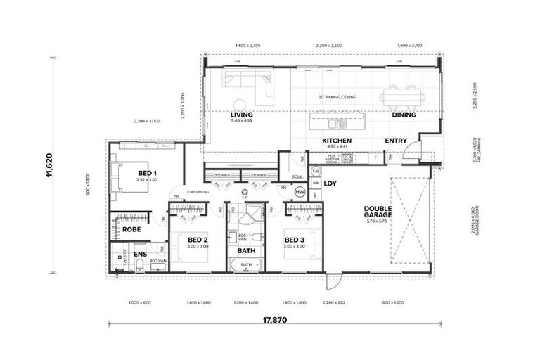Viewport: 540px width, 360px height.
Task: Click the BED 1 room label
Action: coord(147,173)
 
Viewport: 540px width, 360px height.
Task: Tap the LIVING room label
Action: coord(241,115)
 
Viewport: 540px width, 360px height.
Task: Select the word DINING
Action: coord(404,115)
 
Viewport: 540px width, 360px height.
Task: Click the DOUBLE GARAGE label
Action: coord(382,212)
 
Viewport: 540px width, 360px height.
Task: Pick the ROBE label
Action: coord(131,229)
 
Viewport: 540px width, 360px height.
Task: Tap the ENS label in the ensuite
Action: coord(140,254)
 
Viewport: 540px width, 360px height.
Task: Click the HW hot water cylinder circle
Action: coord(300,192)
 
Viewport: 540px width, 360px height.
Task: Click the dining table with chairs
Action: coord(402,96)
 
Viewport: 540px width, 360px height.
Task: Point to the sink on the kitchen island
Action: coord(337,124)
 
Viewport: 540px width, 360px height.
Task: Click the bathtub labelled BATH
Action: coord(245,266)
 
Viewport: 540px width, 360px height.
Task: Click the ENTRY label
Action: coord(395,141)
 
